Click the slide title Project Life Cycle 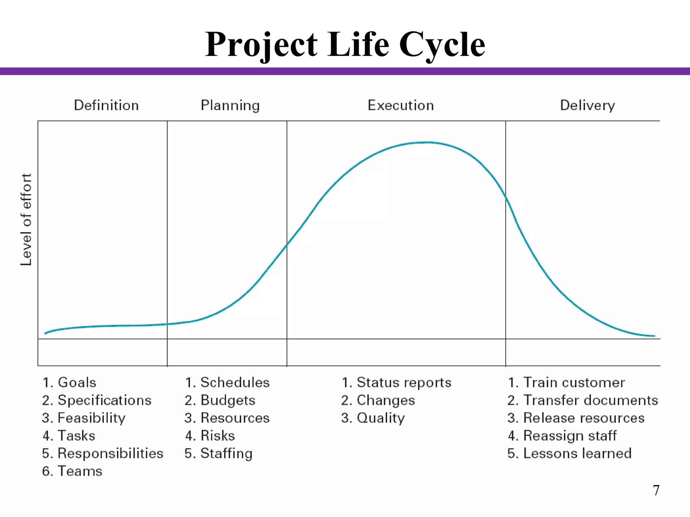coord(345,44)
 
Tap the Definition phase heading coord(106,105)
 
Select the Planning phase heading coord(230,106)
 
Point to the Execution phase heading coord(401,105)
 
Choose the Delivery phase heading coord(587,106)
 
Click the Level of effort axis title coord(26,219)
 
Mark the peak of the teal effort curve coord(427,142)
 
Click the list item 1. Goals coord(69,383)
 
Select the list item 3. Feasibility coord(84,418)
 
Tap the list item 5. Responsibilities coord(103,453)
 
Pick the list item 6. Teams coord(72,471)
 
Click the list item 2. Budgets coord(220,401)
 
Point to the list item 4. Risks coord(210,436)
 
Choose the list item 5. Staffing coord(218,453)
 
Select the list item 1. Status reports coord(396,383)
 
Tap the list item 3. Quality coord(373,418)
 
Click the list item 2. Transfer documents coord(583,401)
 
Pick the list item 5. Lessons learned coord(569,453)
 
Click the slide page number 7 coord(656,490)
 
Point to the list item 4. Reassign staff coord(562,436)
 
